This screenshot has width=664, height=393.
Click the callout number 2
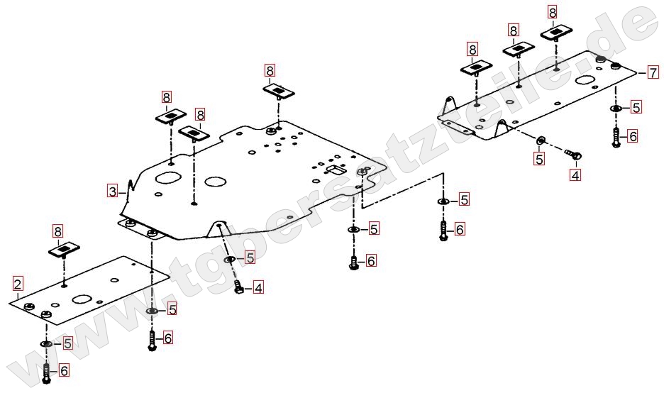[x=18, y=284]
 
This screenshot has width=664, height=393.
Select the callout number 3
[x=112, y=190]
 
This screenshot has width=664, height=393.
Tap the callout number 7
[x=652, y=72]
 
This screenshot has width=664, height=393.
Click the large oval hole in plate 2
[x=83, y=301]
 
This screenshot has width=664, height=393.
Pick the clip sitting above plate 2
[x=65, y=250]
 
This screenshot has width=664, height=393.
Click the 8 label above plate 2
[x=58, y=231]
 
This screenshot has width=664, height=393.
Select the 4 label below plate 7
[x=575, y=174]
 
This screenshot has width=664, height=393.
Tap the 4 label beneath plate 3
[x=258, y=288]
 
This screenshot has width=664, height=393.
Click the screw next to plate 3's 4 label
[x=239, y=287]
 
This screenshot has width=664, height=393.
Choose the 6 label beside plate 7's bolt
[x=632, y=135]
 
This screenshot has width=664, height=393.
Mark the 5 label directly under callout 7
[x=636, y=107]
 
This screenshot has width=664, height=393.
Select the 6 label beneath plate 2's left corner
[x=63, y=370]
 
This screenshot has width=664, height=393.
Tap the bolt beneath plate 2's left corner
[x=47, y=372]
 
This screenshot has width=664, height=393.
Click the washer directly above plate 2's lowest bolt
[x=47, y=344]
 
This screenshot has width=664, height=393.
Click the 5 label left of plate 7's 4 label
[x=539, y=159]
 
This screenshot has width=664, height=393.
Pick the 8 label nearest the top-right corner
[x=553, y=11]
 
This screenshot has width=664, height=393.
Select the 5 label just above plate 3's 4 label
[x=250, y=258]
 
